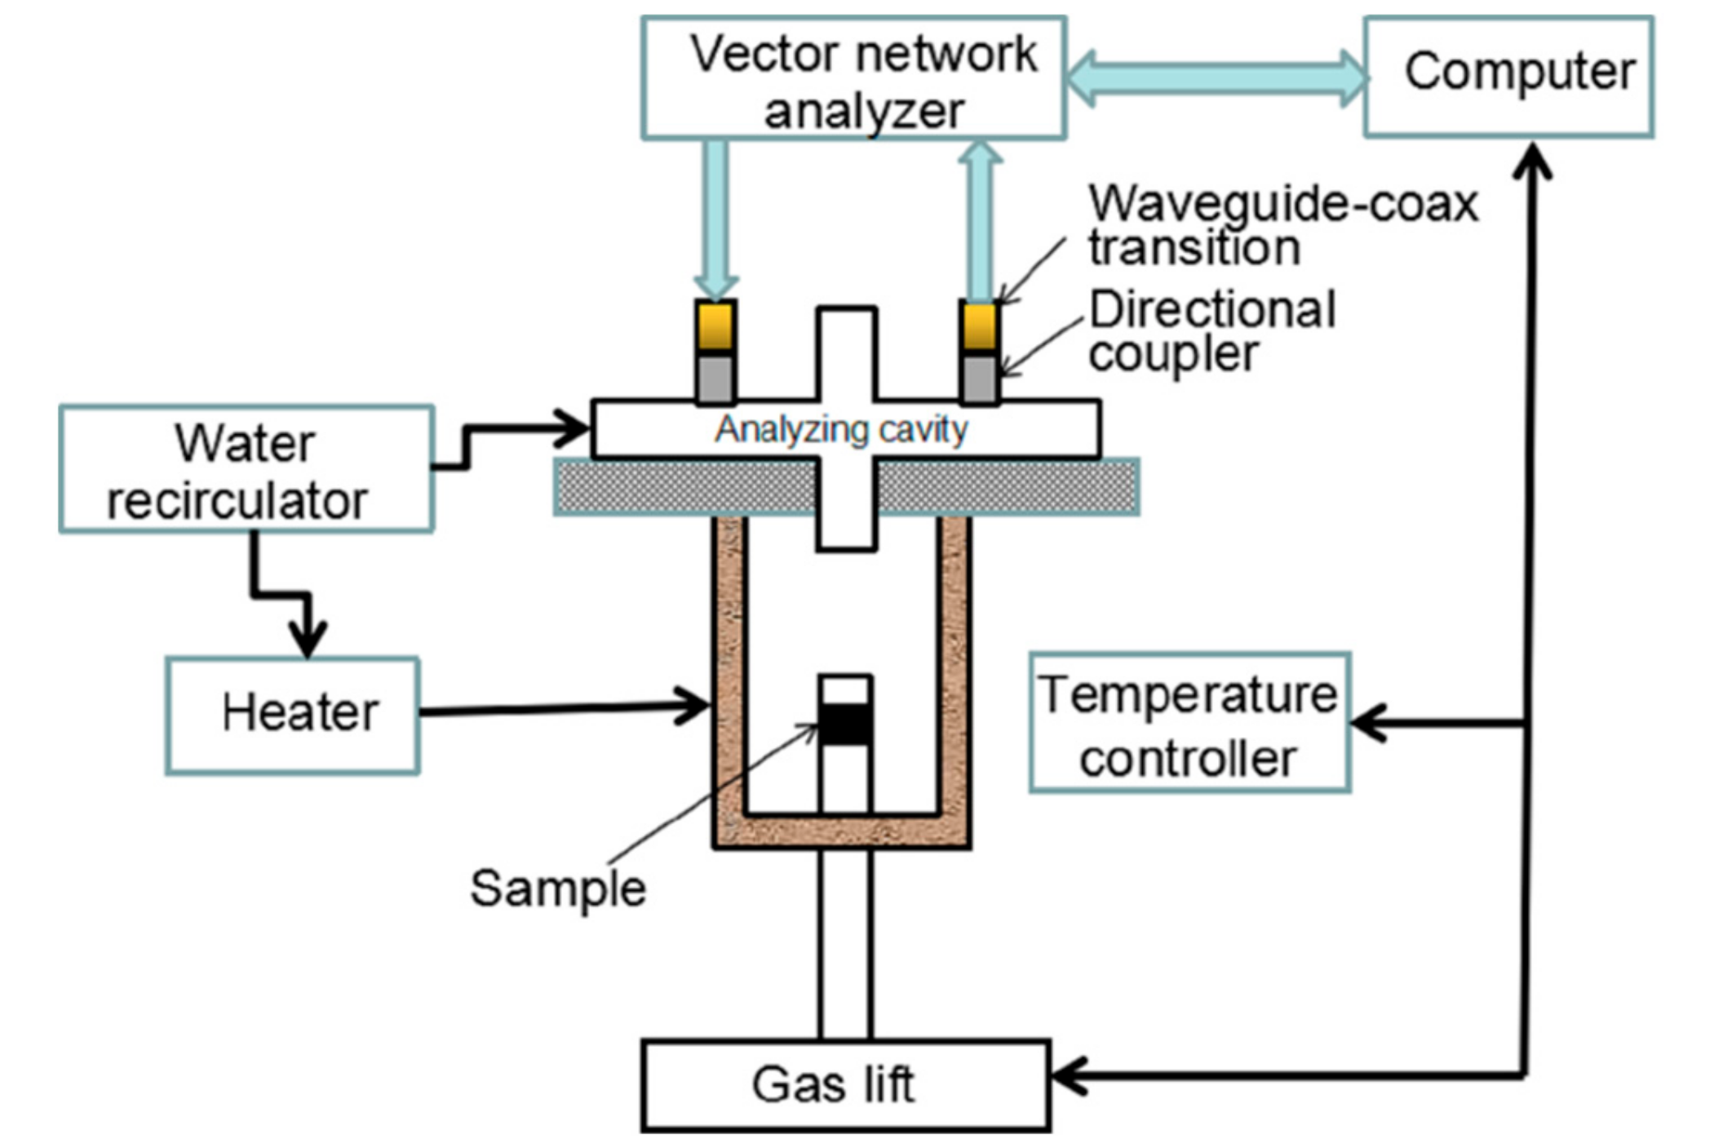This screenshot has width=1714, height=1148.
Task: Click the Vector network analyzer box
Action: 853,78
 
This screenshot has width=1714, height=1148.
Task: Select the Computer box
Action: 1508,76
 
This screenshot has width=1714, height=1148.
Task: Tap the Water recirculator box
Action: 246,469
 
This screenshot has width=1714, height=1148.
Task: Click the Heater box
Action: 292,714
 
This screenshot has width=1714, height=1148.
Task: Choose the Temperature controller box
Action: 1189,722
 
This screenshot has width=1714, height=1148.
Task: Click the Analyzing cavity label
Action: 840,429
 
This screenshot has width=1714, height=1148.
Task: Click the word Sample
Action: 557,888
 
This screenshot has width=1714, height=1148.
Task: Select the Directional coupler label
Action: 1211,331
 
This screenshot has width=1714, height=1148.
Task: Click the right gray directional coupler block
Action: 979,379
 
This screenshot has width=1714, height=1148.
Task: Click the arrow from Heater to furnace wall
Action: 563,708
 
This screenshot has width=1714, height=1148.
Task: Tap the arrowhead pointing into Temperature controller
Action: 1369,723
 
